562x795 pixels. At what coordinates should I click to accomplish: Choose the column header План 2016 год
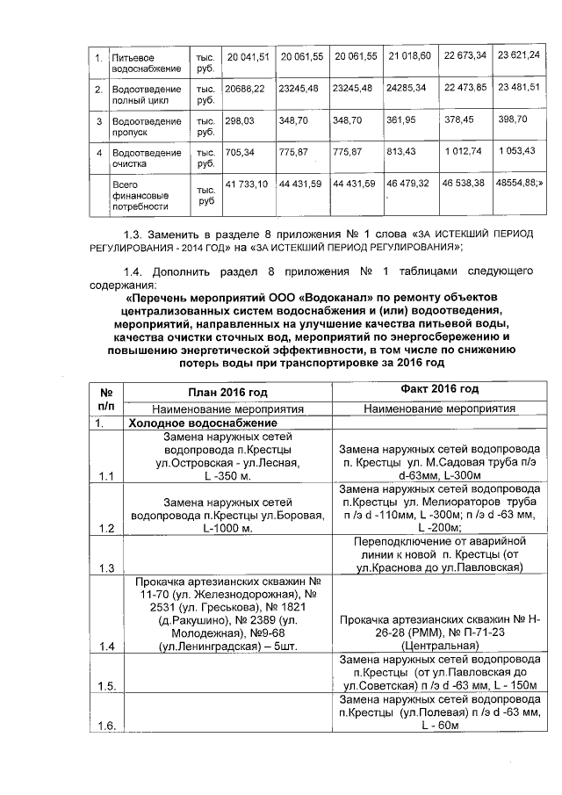(x=227, y=391)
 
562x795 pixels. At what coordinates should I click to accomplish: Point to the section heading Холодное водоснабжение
(x=187, y=423)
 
